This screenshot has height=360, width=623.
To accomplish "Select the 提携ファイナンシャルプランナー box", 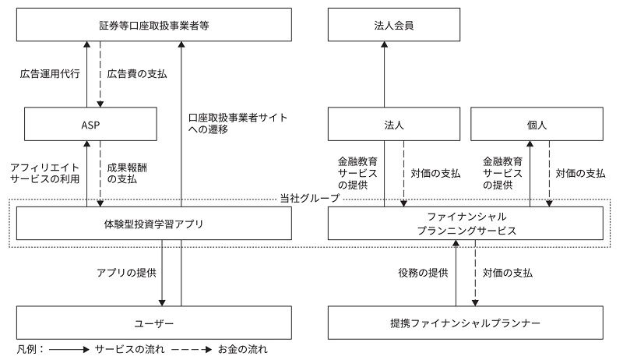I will coord(464,321).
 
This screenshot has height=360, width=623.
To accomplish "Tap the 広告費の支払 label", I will coord(136,75).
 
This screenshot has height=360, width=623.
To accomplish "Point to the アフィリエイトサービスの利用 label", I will coord(46,173).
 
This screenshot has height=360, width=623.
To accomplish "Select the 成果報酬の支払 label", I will coord(128,173).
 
